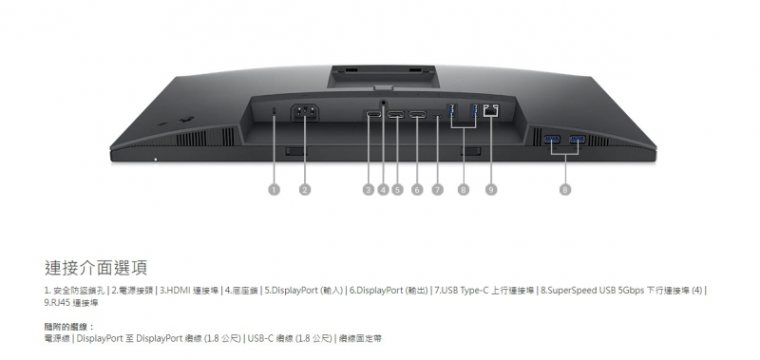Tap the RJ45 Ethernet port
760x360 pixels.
pyautogui.click(x=491, y=112)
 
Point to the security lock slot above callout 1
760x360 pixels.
pyautogui.click(x=274, y=115)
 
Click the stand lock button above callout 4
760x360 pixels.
pyautogui.click(x=384, y=104)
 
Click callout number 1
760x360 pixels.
pyautogui.click(x=274, y=189)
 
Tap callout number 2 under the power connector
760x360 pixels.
pyautogui.click(x=305, y=189)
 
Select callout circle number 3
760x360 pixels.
pyautogui.click(x=368, y=189)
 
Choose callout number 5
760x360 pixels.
pyautogui.click(x=398, y=189)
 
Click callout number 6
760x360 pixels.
pyautogui.click(x=417, y=189)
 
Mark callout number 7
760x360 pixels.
pyautogui.click(x=438, y=189)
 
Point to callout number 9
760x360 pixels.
pyautogui.click(x=491, y=189)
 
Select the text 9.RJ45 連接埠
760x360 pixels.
pyautogui.click(x=71, y=302)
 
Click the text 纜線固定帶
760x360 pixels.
pyautogui.click(x=362, y=337)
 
